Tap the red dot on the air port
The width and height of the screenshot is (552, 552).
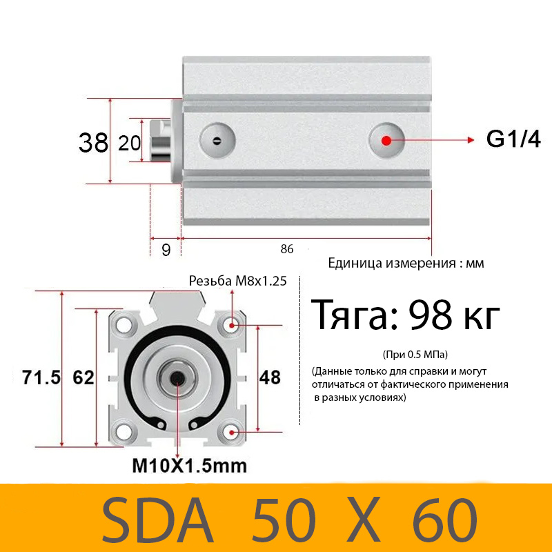click(386, 140)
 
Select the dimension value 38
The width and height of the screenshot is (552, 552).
click(93, 143)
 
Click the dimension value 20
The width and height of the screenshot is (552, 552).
click(130, 143)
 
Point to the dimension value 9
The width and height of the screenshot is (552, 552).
click(166, 250)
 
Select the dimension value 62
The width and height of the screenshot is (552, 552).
click(83, 377)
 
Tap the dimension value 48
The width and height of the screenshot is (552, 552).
click(270, 377)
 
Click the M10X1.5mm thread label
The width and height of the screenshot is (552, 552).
click(189, 466)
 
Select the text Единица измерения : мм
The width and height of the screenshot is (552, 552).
click(406, 263)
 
